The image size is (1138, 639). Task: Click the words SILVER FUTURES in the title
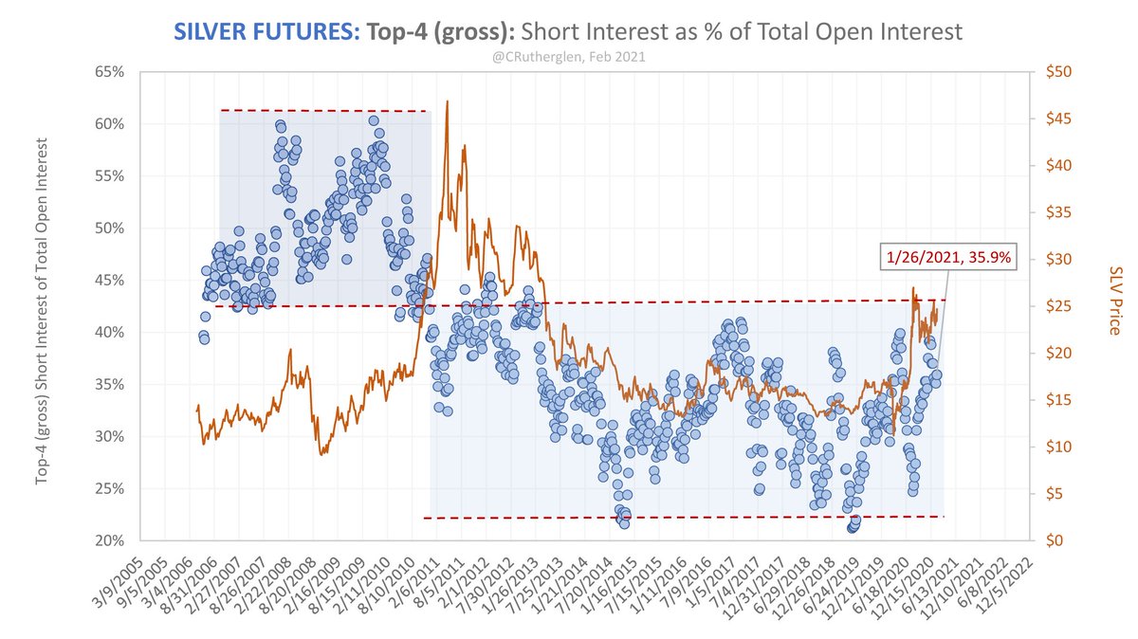(x=263, y=31)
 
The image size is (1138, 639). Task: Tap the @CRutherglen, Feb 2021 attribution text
(x=568, y=56)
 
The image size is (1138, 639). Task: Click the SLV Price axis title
(x=1113, y=299)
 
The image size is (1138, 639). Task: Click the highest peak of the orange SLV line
(x=447, y=101)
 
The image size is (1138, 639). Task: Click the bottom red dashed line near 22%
(x=683, y=517)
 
